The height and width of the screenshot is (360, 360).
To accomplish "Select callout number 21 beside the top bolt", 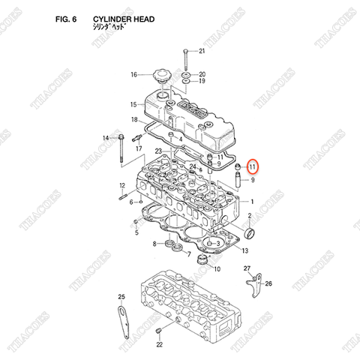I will [x=200, y=51].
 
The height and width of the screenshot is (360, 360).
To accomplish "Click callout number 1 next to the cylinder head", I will [x=252, y=202].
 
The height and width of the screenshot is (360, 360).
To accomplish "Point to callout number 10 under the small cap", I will [x=217, y=268].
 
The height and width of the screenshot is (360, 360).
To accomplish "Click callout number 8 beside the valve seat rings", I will [x=155, y=244].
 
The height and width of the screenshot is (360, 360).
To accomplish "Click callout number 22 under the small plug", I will [x=159, y=344].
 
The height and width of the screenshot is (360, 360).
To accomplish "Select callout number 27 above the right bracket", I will [x=247, y=268].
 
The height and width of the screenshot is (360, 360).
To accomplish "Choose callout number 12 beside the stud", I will [x=121, y=186].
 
